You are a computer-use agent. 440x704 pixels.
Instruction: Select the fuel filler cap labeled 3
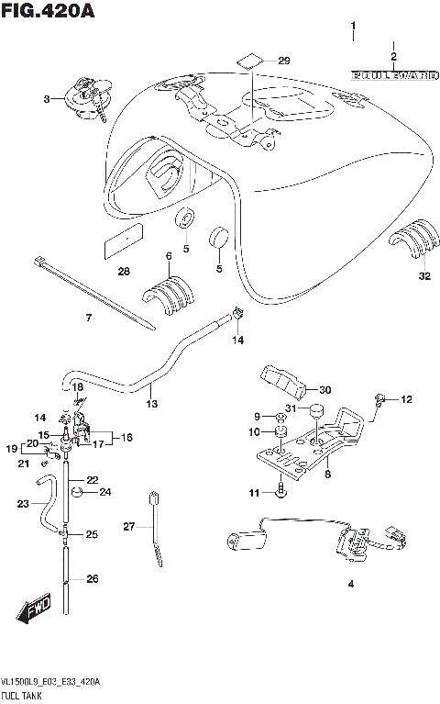(82, 96)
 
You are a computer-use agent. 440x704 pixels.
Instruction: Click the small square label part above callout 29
(247, 62)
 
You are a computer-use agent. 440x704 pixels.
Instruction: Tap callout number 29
(283, 61)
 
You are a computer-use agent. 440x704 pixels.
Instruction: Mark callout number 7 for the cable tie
(89, 318)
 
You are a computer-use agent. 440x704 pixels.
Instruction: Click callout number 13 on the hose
(151, 403)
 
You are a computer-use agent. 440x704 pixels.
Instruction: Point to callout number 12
(407, 399)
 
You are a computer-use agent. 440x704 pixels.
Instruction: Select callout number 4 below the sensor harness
(349, 584)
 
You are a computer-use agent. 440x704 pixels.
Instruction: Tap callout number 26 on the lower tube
(91, 579)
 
